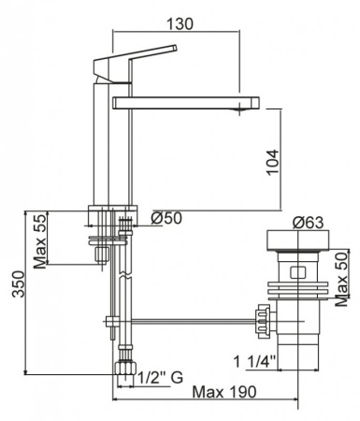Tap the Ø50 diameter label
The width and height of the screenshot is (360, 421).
(x=168, y=218)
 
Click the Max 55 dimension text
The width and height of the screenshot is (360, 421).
(x=40, y=240)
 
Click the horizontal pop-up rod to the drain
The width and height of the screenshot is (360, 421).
(x=187, y=323)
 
